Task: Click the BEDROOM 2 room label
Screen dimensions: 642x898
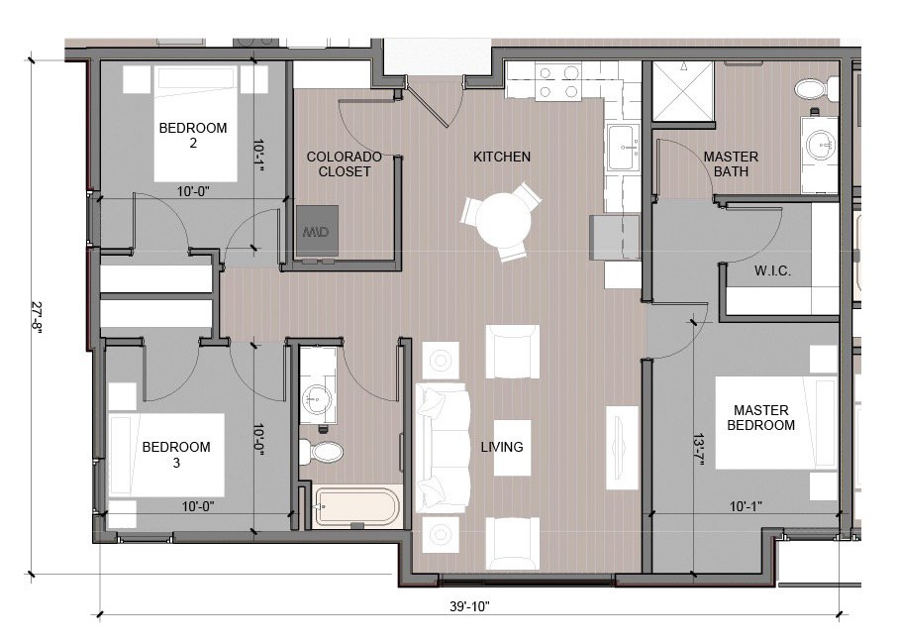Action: coord(193,135)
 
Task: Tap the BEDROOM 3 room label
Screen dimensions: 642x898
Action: coord(176,454)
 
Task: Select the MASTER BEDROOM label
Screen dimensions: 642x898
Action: coord(761,417)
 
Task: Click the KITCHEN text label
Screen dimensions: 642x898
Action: coord(501,157)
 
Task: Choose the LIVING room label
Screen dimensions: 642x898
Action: coord(502,447)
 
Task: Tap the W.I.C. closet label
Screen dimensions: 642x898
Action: coord(771,271)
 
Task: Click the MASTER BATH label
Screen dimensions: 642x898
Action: coord(731,163)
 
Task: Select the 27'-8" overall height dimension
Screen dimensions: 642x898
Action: coord(37,317)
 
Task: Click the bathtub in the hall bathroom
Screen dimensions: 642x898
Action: coord(357,507)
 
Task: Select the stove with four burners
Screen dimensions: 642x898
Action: coord(557,81)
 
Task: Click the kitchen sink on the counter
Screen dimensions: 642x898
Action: coord(625,149)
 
